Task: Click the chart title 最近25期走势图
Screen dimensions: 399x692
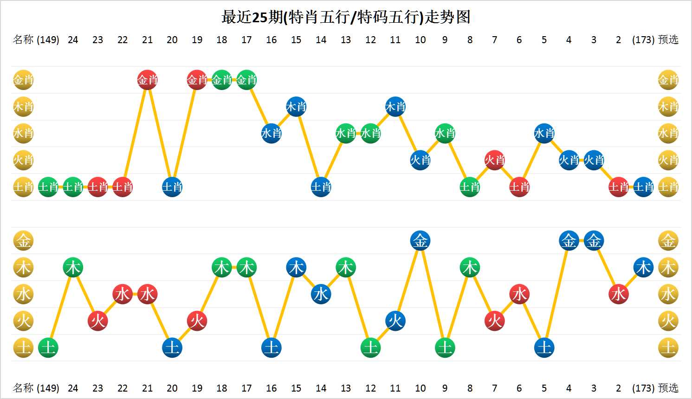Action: (346, 17)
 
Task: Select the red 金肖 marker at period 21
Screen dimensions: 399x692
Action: (148, 80)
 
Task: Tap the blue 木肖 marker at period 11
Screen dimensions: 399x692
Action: (395, 107)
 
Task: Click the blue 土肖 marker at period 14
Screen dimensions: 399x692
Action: (321, 187)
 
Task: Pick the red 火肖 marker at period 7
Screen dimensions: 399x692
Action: (494, 161)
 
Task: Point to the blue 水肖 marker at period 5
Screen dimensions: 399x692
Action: (544, 134)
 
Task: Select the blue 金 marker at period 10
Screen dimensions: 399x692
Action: (420, 241)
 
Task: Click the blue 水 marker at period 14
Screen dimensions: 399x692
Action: (321, 294)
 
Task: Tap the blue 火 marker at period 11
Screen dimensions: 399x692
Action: (395, 321)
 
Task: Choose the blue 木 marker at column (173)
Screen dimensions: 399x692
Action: (643, 268)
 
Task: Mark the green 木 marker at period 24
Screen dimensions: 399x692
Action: (73, 268)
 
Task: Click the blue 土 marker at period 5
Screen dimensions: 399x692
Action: (544, 348)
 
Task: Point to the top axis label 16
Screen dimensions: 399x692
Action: (272, 40)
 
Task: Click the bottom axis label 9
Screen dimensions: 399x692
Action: (445, 388)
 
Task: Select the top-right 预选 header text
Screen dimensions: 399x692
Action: (668, 40)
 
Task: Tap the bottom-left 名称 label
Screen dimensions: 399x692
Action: (23, 388)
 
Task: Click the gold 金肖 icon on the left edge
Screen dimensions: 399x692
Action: (23, 80)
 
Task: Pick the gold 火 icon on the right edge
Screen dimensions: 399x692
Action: (668, 321)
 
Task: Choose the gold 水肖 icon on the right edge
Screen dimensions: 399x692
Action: (668, 134)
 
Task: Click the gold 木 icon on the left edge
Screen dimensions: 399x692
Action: (23, 268)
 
